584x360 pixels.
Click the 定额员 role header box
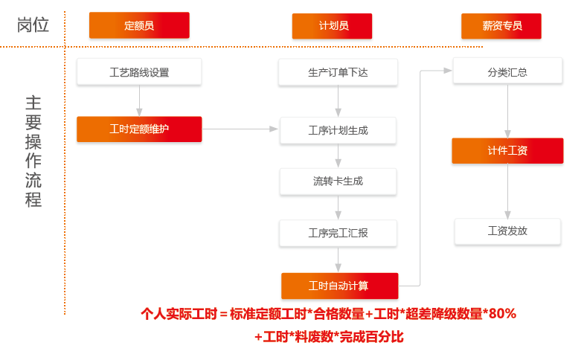139,25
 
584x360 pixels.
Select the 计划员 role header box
333,26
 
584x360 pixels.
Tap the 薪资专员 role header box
501,26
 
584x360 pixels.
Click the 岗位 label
33,25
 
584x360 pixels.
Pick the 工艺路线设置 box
139,72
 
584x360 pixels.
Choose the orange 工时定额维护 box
139,129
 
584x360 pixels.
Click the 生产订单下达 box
338,72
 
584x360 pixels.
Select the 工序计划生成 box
338,131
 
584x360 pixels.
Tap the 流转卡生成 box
338,181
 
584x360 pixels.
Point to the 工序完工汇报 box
338,234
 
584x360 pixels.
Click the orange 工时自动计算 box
340,286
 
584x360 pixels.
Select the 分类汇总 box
507,71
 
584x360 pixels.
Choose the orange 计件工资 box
507,151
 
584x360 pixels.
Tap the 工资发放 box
507,231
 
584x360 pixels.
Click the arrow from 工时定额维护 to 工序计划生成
240,129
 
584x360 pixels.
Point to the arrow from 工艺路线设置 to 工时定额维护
139,101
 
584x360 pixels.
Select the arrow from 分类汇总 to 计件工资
507,111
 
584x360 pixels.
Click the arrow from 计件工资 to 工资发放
507,191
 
